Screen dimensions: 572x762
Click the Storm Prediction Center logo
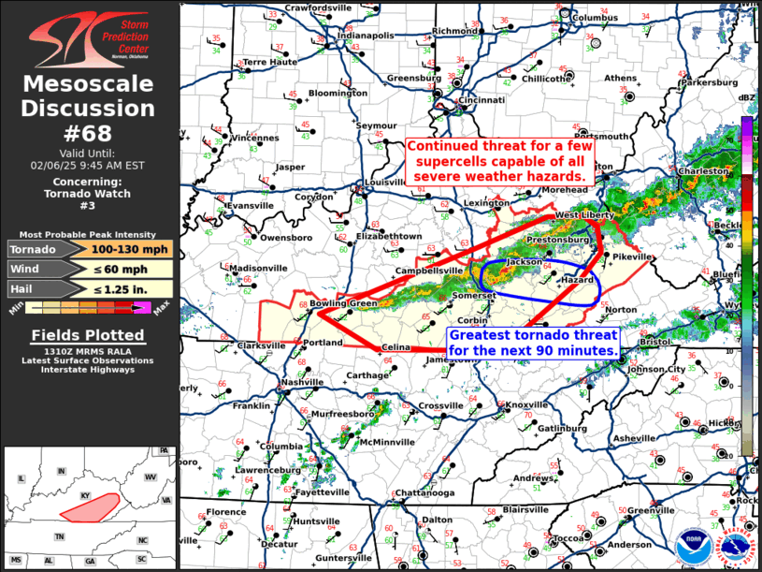pyautogui.click(x=89, y=38)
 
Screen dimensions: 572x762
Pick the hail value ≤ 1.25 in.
pyautogui.click(x=111, y=289)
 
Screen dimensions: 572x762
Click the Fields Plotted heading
pyautogui.click(x=88, y=335)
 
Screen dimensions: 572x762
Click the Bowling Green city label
pyautogui.click(x=344, y=303)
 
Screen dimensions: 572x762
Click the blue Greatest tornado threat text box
pyautogui.click(x=533, y=343)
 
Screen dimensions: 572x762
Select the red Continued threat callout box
pyautogui.click(x=496, y=161)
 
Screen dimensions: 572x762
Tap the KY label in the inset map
pyautogui.click(x=85, y=496)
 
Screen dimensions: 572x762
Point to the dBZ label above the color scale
pyautogui.click(x=746, y=98)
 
